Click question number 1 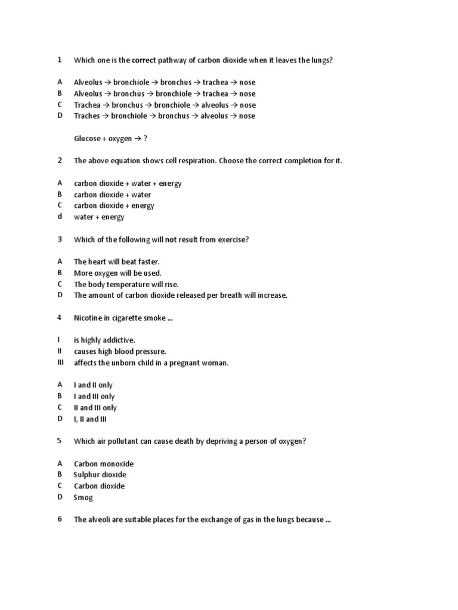(x=60, y=60)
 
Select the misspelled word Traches (x=87, y=116)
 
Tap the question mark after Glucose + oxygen (x=144, y=139)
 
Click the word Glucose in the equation (x=88, y=139)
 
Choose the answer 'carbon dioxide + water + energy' (x=128, y=183)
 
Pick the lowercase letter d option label (x=60, y=217)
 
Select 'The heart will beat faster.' (x=117, y=262)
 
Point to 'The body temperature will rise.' (x=126, y=284)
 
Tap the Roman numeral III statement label (x=60, y=362)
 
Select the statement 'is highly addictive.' (x=104, y=340)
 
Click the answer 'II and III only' (x=95, y=408)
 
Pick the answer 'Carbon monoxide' (x=103, y=463)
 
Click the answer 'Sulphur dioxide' (x=100, y=475)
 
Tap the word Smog (x=83, y=497)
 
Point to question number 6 (x=60, y=519)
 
